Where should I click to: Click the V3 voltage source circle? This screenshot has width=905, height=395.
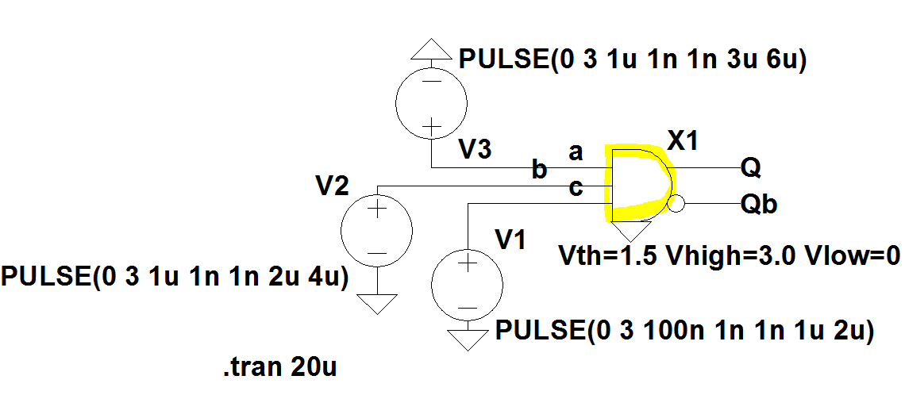point(432,103)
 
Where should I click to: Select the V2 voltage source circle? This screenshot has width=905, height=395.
point(377,230)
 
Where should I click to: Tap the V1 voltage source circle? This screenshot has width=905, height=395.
point(468,284)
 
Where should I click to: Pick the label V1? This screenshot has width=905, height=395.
point(510,240)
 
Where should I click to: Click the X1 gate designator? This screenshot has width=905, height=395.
point(682,142)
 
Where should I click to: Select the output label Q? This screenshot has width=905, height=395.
point(752,168)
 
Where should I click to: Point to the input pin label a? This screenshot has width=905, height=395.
point(576,153)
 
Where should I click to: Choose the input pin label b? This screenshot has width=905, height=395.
point(539,170)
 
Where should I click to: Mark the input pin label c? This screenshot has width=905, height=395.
point(576,189)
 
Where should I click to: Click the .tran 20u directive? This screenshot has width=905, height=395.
point(279,368)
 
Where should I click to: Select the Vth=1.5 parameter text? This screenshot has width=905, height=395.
point(607,256)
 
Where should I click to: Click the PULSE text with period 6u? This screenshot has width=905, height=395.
point(632,60)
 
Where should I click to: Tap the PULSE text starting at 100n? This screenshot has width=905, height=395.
point(685,332)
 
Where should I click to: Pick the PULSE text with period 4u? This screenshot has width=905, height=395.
point(175,278)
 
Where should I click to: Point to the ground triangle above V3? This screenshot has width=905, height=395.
point(432,50)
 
